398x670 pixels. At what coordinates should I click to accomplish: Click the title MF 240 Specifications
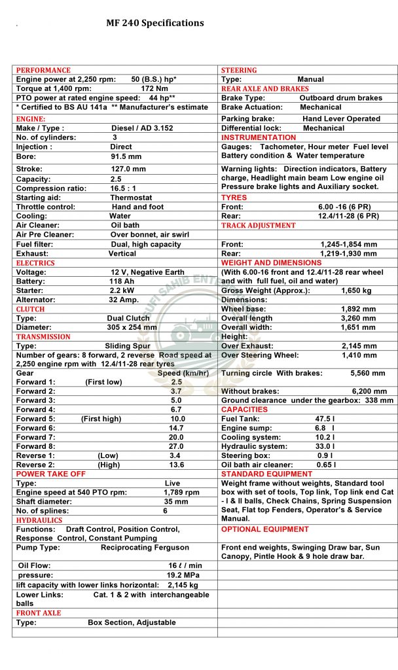[154, 23]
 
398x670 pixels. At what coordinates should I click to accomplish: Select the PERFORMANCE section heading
[43, 70]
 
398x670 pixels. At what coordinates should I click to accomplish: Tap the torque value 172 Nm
[154, 88]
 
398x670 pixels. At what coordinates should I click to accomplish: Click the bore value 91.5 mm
[126, 157]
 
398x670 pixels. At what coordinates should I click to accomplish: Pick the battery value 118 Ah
[122, 281]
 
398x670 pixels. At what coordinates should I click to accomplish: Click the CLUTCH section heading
[30, 309]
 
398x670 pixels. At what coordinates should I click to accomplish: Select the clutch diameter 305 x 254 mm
[132, 327]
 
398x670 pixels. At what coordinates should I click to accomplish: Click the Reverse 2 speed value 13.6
[176, 465]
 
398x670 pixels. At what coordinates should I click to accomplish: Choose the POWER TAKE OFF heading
[50, 474]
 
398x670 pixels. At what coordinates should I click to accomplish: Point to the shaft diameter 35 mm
[176, 502]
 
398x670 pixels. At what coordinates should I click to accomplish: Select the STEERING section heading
[239, 70]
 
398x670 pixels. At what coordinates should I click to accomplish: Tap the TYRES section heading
[234, 198]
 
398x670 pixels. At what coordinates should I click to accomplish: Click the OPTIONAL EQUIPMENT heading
[264, 529]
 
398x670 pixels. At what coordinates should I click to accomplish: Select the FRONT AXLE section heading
[39, 613]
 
